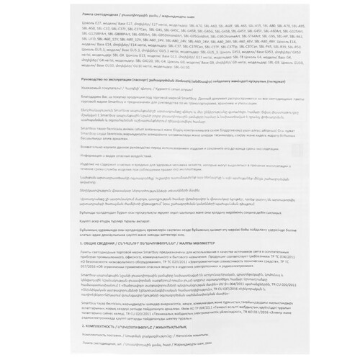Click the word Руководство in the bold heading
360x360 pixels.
76,81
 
